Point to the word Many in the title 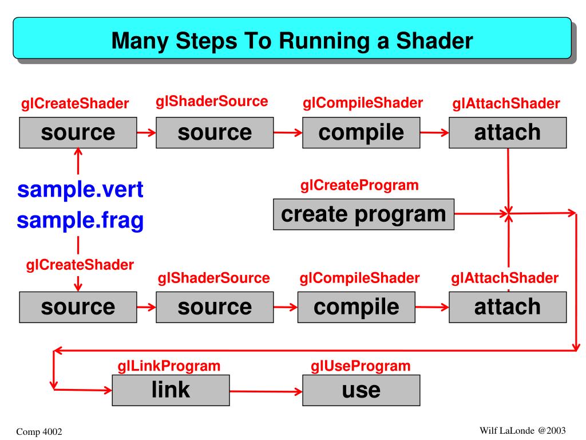click(137, 41)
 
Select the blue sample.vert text click(80, 190)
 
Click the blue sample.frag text click(80, 220)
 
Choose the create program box click(363, 214)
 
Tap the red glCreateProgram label click(359, 186)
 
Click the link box click(171, 390)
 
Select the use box click(361, 390)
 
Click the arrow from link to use click(266, 392)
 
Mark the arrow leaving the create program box click(481, 214)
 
